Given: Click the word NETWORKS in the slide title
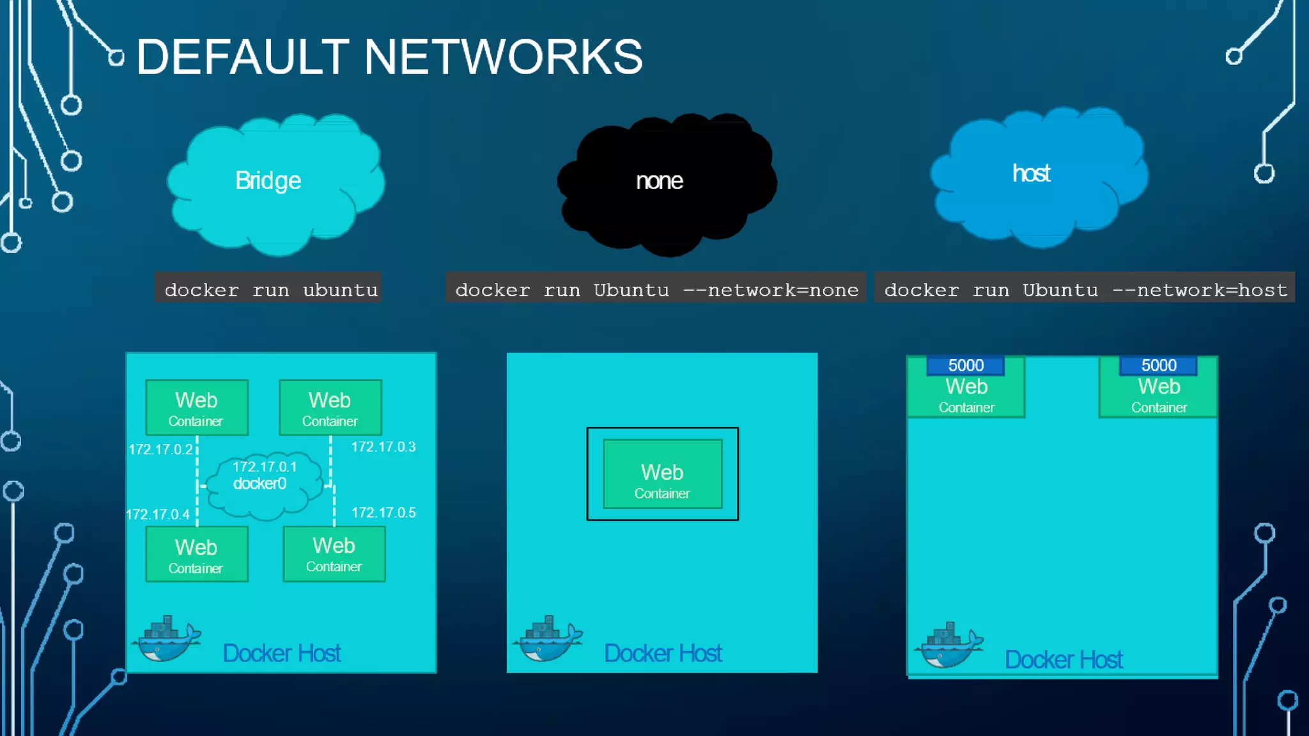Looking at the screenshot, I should [x=503, y=57].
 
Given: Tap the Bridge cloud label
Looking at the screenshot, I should [x=268, y=181].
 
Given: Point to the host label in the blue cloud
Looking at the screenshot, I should [x=1031, y=174].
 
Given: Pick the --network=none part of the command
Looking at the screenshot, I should [x=771, y=290].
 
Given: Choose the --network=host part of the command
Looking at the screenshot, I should [x=1200, y=290].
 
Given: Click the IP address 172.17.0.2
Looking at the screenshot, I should [x=160, y=449].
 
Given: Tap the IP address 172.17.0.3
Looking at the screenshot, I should [x=383, y=447].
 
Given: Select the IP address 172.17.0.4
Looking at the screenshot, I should [x=157, y=514].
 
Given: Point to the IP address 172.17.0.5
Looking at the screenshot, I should [x=383, y=512].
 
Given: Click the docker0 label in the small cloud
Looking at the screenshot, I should [x=259, y=484].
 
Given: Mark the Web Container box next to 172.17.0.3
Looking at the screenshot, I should [x=330, y=408].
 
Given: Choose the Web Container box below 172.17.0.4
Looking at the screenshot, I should [x=196, y=554].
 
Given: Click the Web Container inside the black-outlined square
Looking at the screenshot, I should [x=662, y=474].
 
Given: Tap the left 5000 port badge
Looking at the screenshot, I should [x=965, y=365].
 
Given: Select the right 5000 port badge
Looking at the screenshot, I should [x=1158, y=365].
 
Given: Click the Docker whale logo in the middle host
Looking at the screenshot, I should [x=548, y=640].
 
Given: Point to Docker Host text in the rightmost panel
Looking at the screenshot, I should [x=1063, y=659].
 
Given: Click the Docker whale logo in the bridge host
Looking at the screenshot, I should [x=166, y=640].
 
